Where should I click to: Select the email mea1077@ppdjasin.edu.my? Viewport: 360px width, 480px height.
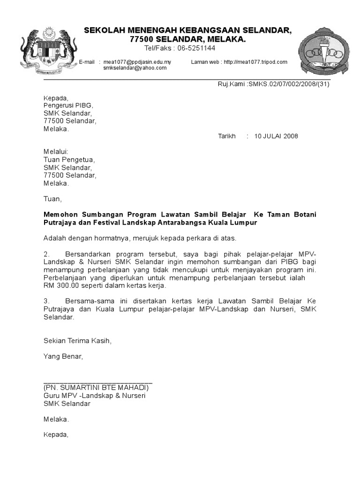coord(137,62)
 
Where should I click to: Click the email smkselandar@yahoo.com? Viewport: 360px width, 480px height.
coord(135,68)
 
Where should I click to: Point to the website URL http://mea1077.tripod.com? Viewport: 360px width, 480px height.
coord(255,62)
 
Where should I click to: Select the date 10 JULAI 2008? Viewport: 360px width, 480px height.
coord(276,136)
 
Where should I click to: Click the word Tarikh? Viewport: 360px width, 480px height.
coord(227,136)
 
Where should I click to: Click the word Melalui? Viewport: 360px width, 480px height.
coord(56,151)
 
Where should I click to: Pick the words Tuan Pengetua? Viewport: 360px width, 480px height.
coord(68,159)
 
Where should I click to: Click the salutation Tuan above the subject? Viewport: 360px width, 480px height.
coord(52,199)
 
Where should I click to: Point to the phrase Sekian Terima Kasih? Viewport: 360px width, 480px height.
coord(78,341)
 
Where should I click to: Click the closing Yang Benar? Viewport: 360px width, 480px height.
coord(63,357)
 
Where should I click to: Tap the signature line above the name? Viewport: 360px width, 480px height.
coord(98,383)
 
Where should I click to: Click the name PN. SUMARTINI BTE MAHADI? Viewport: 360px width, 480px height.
coord(96,388)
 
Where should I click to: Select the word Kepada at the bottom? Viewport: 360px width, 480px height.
coord(56,435)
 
